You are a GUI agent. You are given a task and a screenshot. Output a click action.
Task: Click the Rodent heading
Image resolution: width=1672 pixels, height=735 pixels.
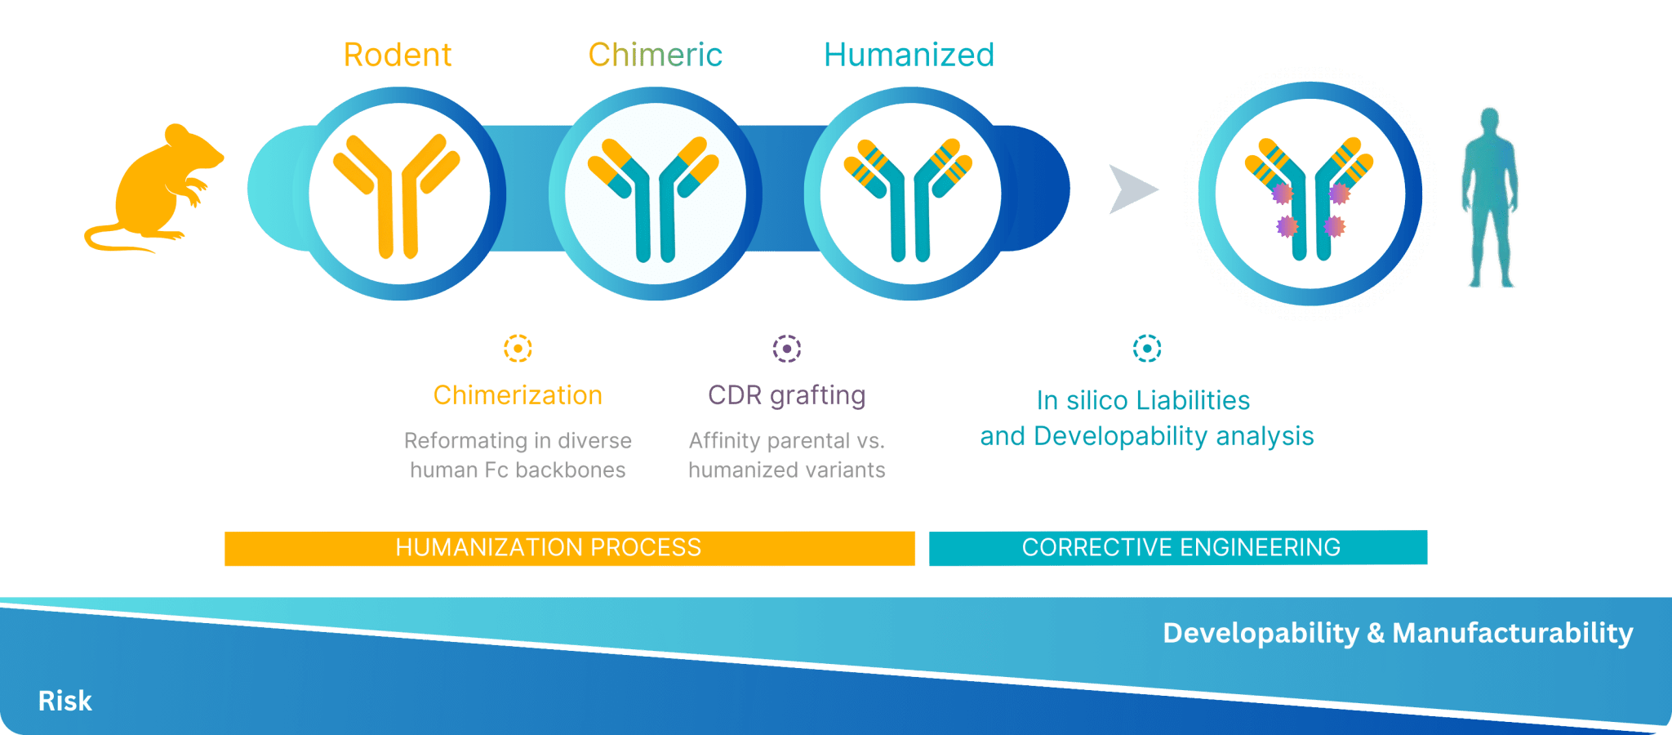[x=398, y=55]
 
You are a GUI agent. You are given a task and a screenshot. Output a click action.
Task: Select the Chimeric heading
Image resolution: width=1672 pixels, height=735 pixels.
[x=655, y=55]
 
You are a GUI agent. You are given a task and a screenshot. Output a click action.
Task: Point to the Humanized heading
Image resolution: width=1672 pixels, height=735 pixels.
[x=909, y=55]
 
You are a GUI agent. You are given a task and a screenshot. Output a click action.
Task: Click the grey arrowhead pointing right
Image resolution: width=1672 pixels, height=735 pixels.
[x=1132, y=189]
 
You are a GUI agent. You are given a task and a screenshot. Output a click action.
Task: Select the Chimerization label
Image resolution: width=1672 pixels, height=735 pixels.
[x=518, y=395]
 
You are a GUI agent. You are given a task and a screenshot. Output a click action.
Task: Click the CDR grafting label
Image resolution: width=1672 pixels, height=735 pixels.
[x=786, y=395]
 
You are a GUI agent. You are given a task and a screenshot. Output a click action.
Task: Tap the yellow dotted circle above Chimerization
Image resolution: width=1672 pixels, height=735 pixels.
[x=518, y=349]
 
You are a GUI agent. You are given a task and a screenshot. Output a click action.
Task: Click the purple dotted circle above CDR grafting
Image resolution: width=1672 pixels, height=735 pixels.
[x=787, y=349]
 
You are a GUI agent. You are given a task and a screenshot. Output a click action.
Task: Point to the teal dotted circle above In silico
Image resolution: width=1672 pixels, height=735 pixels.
[x=1147, y=349]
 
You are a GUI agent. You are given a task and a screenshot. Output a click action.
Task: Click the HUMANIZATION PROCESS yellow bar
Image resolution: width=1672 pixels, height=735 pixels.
[x=569, y=548]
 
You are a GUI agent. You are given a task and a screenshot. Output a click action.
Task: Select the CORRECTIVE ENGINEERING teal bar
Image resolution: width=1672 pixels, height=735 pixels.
[x=1178, y=547]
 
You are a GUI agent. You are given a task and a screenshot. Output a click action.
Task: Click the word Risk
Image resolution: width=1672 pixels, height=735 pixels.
[x=64, y=701]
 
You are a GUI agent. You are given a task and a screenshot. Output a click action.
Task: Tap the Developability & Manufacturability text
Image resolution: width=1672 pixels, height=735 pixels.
[x=1397, y=633]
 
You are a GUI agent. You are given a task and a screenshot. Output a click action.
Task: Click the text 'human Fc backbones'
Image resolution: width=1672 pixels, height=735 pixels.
[x=518, y=470]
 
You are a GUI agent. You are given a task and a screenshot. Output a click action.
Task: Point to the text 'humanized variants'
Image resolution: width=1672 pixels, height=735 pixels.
[x=786, y=470]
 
